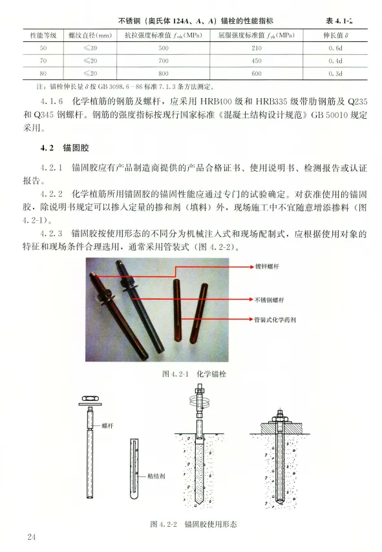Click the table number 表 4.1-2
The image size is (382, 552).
(339, 21)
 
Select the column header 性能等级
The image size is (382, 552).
(43, 36)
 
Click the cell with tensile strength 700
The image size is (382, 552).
(163, 61)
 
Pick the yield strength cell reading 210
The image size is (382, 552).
(256, 48)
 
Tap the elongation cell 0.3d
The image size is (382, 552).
(335, 74)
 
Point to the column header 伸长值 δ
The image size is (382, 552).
(335, 36)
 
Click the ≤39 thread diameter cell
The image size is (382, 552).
(90, 48)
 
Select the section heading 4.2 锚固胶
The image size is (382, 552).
(65, 148)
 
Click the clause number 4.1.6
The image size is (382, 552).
(52, 102)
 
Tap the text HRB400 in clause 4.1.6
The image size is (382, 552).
(216, 102)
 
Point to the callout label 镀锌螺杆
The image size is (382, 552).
(267, 267)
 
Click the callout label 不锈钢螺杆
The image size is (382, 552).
(270, 300)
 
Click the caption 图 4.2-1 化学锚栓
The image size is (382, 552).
(194, 374)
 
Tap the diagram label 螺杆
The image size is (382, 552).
(107, 425)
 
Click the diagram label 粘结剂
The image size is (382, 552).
(156, 476)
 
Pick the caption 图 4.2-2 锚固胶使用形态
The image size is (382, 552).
(193, 524)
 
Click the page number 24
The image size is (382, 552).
(32, 537)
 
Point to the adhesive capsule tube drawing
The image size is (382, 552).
(134, 469)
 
